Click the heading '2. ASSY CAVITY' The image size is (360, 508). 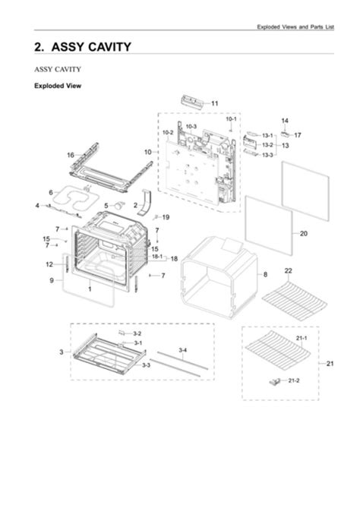(x=83, y=47)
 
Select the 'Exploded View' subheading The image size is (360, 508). (x=58, y=86)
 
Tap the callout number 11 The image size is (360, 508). (x=215, y=103)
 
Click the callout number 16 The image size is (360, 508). (x=70, y=155)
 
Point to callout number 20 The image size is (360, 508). (x=304, y=233)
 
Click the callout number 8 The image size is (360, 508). (x=265, y=274)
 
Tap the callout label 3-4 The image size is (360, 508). (x=183, y=350)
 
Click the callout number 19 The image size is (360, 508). (x=166, y=217)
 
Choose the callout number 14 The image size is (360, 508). (x=285, y=121)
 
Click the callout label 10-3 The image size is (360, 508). (x=191, y=126)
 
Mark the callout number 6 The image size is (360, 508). (x=51, y=192)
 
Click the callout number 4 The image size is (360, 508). (x=36, y=206)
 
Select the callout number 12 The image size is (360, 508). (x=48, y=264)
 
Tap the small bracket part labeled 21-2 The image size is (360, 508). (x=275, y=381)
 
